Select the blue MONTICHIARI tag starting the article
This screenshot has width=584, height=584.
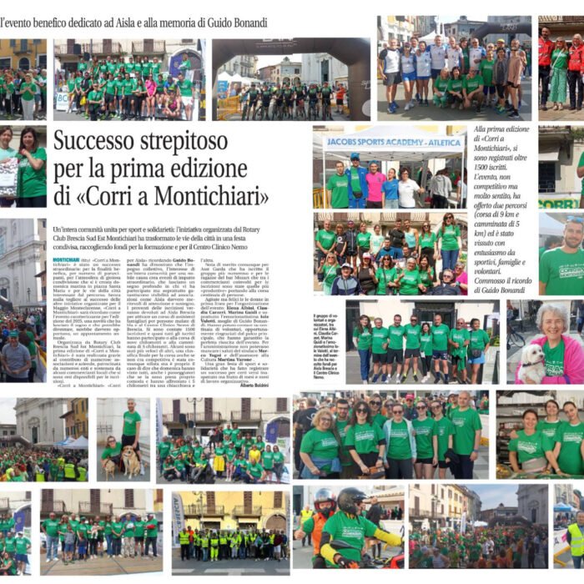tap(66, 260)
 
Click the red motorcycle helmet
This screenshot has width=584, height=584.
tap(324, 498)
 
